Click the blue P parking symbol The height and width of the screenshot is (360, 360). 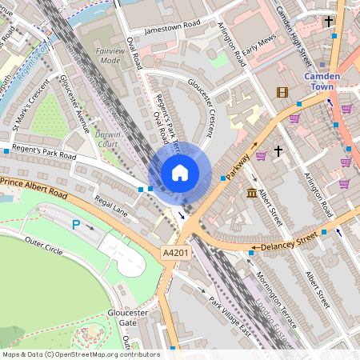pos(76,226)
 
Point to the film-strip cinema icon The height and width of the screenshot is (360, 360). pos(282,92)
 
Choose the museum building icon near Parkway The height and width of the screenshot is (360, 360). pos(252,194)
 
